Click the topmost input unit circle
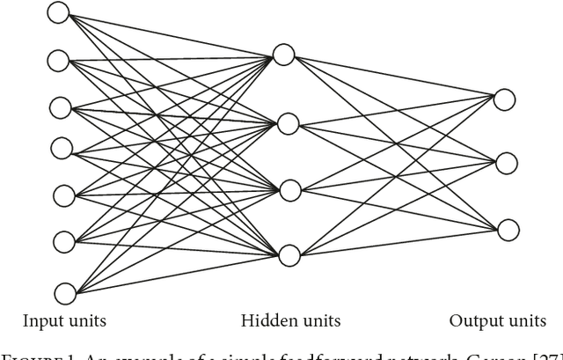[x=58, y=12]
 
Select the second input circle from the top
[x=58, y=61]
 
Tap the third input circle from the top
[x=60, y=108]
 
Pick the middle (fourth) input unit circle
[x=61, y=147]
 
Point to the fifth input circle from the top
[x=62, y=195]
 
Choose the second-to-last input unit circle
[x=63, y=239]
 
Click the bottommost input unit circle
[x=65, y=292]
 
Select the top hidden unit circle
[x=283, y=55]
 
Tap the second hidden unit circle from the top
[x=288, y=124]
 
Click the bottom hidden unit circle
[x=289, y=256]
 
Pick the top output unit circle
[x=504, y=99]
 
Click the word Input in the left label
[x=40, y=321]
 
